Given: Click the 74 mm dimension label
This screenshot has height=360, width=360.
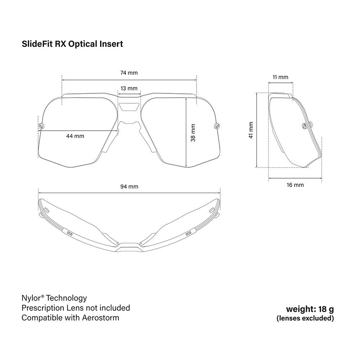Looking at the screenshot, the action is [129, 73].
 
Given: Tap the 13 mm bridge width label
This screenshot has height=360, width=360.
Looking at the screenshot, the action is [129, 89].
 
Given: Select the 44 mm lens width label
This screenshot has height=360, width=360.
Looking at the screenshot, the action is [75, 136].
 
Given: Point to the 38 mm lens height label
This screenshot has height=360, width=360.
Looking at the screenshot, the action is [193, 133].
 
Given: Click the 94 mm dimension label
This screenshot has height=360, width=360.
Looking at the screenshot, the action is [129, 186].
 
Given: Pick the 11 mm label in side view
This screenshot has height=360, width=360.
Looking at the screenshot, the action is [280, 77].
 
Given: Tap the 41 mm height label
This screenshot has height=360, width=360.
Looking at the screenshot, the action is [251, 130].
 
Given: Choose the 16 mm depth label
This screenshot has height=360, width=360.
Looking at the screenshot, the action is [295, 185].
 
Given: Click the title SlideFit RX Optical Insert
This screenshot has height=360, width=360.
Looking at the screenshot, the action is [72, 44].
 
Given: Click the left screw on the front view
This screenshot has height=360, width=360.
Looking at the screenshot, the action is [41, 126].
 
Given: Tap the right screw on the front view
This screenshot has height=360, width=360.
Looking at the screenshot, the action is [217, 126].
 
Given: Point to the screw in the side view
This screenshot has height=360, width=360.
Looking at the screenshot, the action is [305, 126].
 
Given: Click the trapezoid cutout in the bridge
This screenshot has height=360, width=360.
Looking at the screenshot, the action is [129, 107].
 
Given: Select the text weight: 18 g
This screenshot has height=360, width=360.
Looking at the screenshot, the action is [310, 309].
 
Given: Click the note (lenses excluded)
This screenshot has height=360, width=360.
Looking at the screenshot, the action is [305, 318].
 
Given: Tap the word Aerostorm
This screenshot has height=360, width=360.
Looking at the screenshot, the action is [100, 318].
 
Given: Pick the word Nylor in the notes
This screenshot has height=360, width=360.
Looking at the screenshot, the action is [31, 298].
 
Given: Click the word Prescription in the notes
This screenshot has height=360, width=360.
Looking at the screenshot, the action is [43, 308].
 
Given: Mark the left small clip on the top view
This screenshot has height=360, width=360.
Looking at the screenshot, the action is [69, 233].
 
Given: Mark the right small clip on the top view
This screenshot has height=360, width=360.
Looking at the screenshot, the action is [189, 233].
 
